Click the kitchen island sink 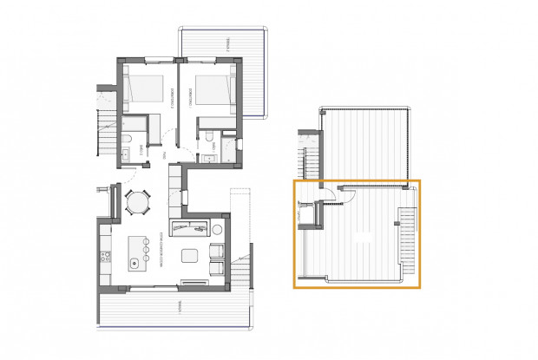tap(134, 261)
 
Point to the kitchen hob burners tap(106, 256)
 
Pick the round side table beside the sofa tap(217, 229)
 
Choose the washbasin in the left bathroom tap(125, 154)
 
